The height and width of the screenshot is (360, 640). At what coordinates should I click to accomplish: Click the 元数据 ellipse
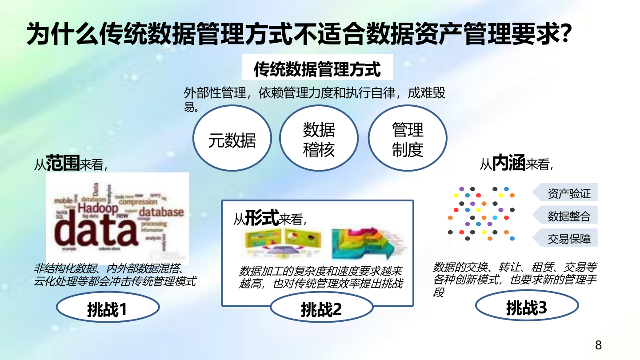(x=232, y=140)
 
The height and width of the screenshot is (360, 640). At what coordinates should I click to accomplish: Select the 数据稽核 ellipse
(x=319, y=140)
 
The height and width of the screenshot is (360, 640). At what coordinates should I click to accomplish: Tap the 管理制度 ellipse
(x=407, y=140)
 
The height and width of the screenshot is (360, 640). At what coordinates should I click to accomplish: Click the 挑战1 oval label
(x=108, y=309)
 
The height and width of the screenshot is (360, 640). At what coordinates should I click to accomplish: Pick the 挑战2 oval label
(x=321, y=309)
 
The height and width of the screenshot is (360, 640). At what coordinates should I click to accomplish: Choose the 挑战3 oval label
(x=527, y=307)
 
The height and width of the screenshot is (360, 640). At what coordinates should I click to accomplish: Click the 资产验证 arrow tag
(x=566, y=193)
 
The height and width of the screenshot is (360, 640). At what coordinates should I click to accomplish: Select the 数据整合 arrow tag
(x=566, y=216)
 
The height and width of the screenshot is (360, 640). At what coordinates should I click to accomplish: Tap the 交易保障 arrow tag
(x=566, y=239)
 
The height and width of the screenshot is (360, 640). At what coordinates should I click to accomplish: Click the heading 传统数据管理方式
(x=317, y=70)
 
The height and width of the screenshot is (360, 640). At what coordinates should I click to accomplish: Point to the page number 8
(x=598, y=345)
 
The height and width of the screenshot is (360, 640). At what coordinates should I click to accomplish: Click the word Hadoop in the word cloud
(x=98, y=208)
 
